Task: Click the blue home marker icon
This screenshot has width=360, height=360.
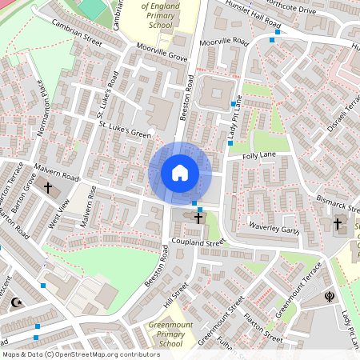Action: (x=180, y=173)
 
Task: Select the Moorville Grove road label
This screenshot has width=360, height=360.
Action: (x=160, y=50)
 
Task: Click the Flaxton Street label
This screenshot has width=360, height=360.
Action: (x=262, y=325)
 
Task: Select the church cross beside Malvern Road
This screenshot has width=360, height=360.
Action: (x=47, y=189)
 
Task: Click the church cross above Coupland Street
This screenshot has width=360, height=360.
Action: (x=198, y=218)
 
